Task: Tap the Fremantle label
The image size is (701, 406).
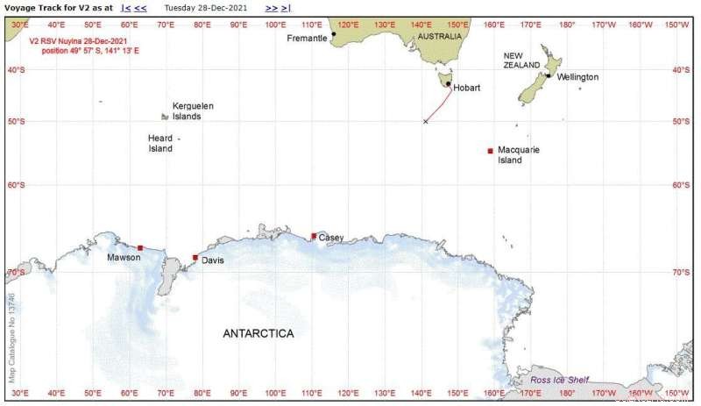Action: (307, 38)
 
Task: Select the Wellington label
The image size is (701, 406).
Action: (577, 77)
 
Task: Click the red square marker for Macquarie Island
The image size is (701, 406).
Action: (491, 151)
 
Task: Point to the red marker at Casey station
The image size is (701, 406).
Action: (314, 235)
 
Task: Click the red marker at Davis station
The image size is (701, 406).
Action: (195, 258)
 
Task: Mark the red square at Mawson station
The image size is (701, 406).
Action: (140, 248)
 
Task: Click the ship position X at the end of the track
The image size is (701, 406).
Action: (426, 121)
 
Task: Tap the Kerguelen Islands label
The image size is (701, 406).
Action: (193, 110)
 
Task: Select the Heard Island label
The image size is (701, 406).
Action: (160, 143)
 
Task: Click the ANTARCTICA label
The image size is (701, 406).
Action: (258, 333)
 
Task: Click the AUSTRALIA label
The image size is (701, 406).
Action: (439, 37)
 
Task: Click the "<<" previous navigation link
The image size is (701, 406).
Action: (140, 7)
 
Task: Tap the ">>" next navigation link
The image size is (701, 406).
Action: (273, 7)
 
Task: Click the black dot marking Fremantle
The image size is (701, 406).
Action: (334, 33)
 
